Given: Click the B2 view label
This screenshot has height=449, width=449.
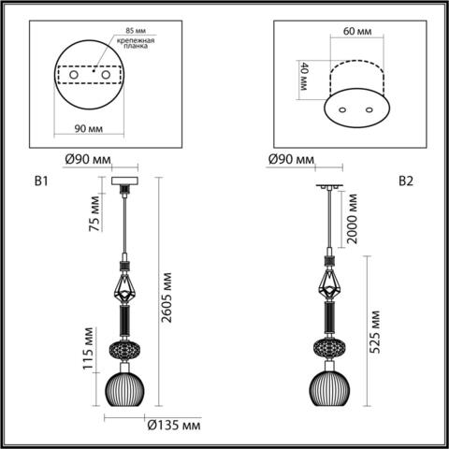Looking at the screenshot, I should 406,181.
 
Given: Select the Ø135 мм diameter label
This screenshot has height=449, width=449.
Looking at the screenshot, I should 175,426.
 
